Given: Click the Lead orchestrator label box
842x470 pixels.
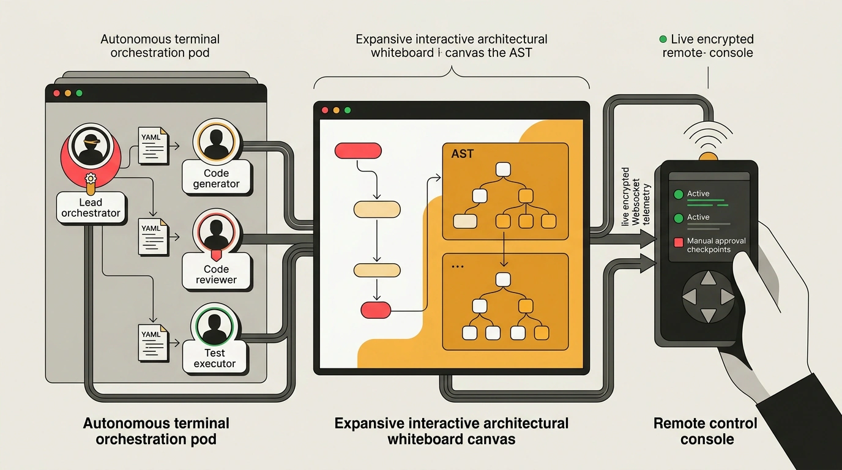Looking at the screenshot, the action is pos(91,207).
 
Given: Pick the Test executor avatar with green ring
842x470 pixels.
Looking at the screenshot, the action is pos(214,326).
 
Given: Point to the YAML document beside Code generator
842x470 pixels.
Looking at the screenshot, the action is pos(153,146).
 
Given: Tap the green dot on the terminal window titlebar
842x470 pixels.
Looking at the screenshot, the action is pos(80,93).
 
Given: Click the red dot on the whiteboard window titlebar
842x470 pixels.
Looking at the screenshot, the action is pos(325,110).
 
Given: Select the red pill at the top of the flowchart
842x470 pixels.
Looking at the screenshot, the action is pos(358,151).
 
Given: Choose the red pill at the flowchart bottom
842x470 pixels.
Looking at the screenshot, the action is pos(376,310).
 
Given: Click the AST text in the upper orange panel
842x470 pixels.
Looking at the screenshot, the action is pos(463,154).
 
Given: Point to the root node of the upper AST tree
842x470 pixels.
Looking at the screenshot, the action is pos(503,169).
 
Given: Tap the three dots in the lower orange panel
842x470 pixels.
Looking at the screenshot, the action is pos(458,267).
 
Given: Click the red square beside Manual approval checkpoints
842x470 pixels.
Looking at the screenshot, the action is pos(679,242).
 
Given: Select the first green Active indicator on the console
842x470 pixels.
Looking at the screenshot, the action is pos(679,195).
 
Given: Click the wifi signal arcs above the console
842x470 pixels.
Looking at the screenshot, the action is pos(708,136).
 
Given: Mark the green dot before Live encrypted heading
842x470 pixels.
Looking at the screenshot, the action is pos(663,39).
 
